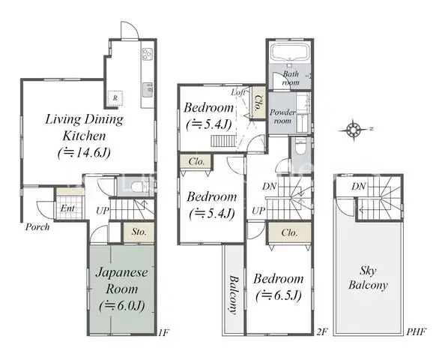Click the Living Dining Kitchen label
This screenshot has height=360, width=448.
(x=83, y=127)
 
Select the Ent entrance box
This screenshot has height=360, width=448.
(x=67, y=208)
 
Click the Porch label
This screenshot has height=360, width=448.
(x=37, y=226)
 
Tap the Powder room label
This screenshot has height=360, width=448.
(x=283, y=115)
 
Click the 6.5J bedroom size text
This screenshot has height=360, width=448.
(x=279, y=295)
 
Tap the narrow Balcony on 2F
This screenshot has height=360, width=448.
(x=233, y=289)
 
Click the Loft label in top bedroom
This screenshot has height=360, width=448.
(x=240, y=92)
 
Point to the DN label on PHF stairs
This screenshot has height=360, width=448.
(x=359, y=186)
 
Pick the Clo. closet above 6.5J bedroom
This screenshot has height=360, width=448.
(x=290, y=233)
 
